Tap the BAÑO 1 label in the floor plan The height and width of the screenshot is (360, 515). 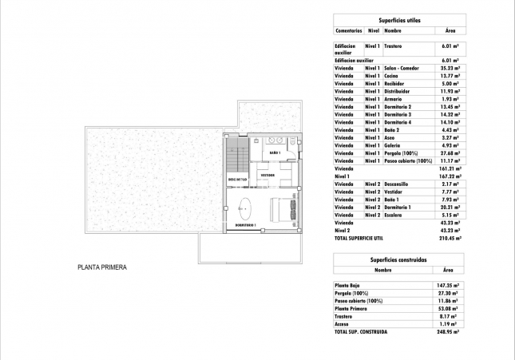(274, 152)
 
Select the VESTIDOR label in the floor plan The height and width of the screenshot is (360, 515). (267, 174)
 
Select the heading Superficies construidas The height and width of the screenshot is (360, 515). (398, 260)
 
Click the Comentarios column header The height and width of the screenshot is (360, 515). (348, 30)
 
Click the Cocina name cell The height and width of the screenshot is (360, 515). (390, 77)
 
